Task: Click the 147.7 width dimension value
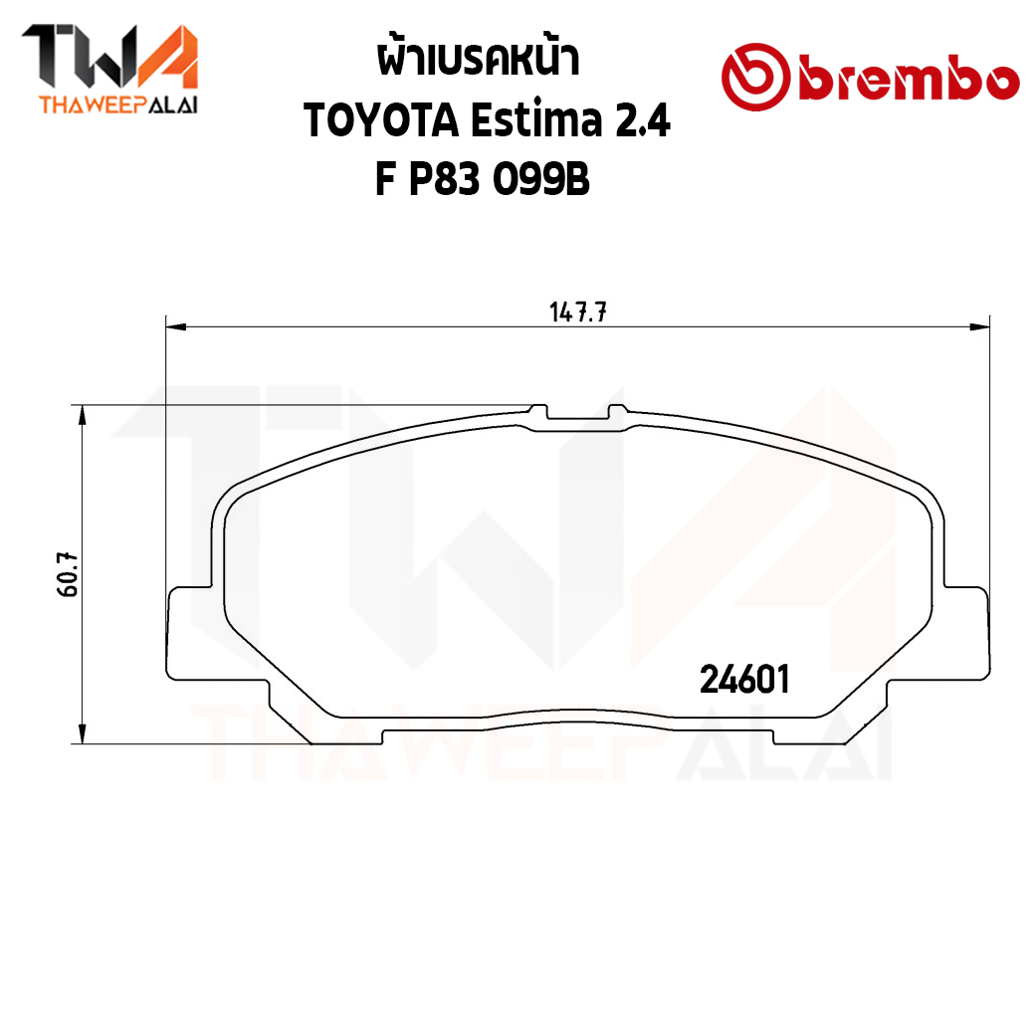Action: [x=577, y=311]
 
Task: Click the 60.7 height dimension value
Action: [x=68, y=575]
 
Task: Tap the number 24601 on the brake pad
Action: [x=744, y=679]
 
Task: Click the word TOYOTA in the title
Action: [x=381, y=120]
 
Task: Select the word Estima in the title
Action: [x=536, y=119]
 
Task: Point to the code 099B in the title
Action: [x=541, y=179]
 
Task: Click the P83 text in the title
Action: [x=444, y=179]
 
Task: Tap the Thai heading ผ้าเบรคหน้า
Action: [x=479, y=58]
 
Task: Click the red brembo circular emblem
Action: [x=755, y=77]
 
